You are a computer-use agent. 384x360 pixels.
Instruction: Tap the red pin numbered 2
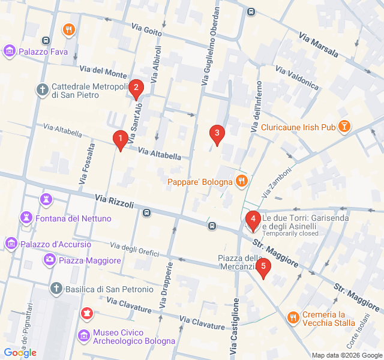[136, 89]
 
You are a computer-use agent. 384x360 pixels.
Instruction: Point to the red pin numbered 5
[262, 268]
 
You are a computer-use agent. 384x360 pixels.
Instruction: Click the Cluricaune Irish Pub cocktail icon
[344, 126]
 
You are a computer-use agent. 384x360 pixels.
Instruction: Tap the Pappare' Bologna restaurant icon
[241, 181]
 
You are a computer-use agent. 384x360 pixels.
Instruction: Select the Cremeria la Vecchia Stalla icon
[293, 318]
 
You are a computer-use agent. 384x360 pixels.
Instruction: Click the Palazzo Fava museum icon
[10, 52]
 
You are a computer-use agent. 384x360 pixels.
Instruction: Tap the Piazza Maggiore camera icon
[50, 259]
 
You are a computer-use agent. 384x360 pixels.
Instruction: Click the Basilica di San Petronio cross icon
[56, 289]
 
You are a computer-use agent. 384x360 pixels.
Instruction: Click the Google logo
[20, 353]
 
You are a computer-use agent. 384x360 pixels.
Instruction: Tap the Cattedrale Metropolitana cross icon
[42, 90]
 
